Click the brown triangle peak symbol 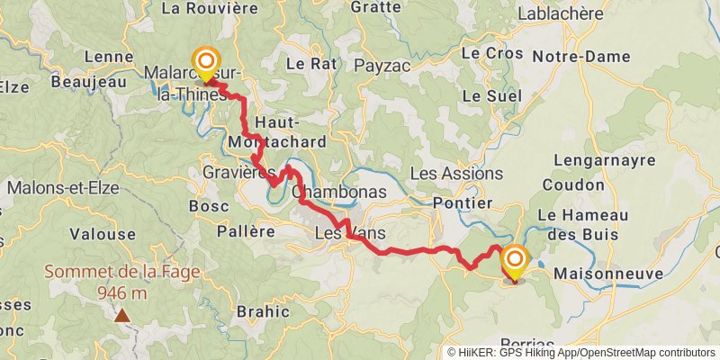tap(121, 315)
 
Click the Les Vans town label tap(350, 233)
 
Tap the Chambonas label tap(339, 192)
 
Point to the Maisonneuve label tap(608, 273)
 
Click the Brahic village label tap(262, 311)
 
